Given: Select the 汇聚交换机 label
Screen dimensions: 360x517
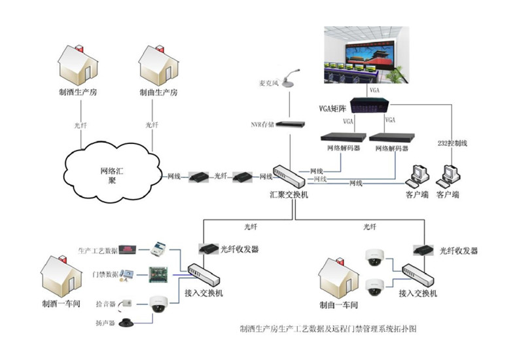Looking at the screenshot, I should (x=289, y=195).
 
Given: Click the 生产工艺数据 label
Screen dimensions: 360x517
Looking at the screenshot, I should (x=98, y=251).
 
